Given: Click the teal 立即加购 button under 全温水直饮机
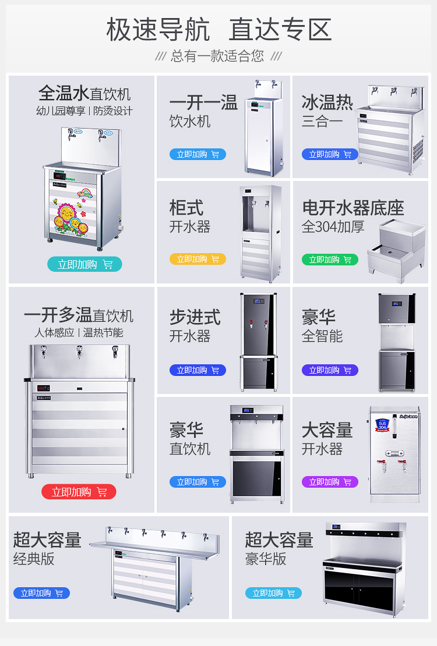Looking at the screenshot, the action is tap(84, 264).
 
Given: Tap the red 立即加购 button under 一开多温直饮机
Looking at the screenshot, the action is tap(79, 492).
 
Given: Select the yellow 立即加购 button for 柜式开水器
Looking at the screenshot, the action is tap(198, 259).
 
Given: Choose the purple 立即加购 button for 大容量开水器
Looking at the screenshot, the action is tap(330, 482).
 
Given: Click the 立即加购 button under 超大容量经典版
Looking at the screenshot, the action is tap(41, 593).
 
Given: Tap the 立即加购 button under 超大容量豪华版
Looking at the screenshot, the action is tap(273, 593).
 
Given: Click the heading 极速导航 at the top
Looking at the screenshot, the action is tap(158, 30).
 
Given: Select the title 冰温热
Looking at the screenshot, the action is tap(327, 103).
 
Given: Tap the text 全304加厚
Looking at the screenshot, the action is tap(333, 226).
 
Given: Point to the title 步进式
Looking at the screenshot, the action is tap(195, 317).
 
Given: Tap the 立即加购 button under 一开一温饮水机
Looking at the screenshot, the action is tap(198, 154).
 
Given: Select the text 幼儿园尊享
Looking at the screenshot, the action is tap(61, 111).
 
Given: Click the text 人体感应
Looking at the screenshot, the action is tap(54, 333).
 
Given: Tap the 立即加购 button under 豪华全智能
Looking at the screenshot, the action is tap(330, 370).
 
